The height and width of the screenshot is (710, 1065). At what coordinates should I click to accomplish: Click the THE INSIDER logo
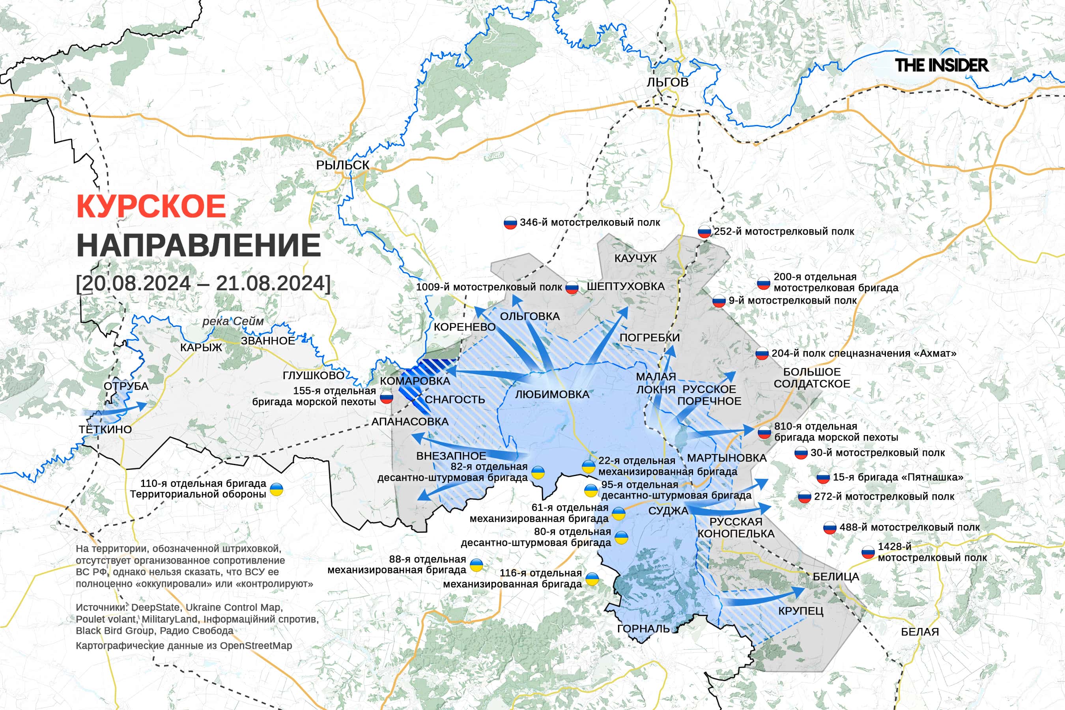point(942,65)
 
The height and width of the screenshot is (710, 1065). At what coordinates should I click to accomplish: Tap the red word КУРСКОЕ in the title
point(151,206)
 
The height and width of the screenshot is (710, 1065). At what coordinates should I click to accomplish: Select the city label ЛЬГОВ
point(667,82)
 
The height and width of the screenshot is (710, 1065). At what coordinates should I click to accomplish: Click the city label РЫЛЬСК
point(342,165)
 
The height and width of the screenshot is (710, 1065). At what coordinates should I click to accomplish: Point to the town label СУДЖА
point(668,511)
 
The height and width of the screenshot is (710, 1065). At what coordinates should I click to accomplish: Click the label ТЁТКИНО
point(105,429)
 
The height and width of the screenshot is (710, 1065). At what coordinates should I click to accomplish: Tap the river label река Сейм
point(233,321)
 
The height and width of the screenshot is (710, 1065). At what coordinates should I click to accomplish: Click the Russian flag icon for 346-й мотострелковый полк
point(510,223)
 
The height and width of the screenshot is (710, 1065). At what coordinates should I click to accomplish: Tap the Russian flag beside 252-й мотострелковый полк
point(704,232)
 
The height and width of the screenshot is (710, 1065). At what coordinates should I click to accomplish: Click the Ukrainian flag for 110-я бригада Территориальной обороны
point(276,489)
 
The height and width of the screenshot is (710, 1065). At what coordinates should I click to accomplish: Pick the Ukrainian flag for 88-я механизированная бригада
point(476,565)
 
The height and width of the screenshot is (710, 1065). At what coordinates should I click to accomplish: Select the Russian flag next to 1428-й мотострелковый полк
point(867,553)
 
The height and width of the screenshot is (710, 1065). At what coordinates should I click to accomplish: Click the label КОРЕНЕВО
point(465,327)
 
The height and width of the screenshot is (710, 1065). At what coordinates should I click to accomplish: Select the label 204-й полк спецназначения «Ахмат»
point(864,353)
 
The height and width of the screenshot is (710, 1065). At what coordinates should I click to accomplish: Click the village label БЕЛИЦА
point(835,577)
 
